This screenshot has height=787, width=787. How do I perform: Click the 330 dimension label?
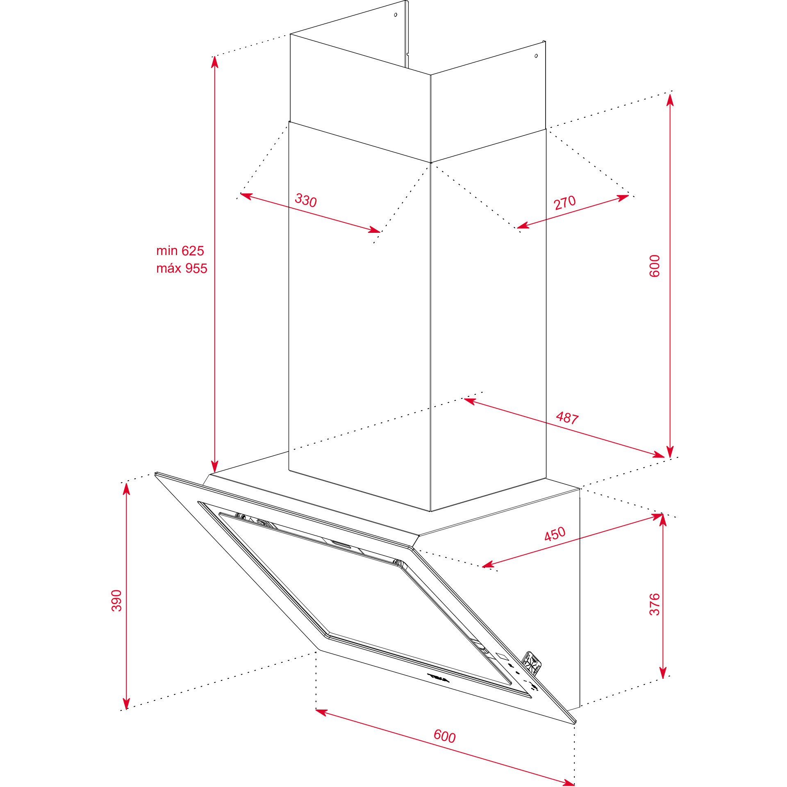(x=306, y=200)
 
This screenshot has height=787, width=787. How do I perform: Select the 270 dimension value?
(x=565, y=202)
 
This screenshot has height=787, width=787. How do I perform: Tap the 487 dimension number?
(x=567, y=418)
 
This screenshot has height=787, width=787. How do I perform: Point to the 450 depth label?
(x=555, y=534)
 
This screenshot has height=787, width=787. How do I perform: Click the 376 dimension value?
(x=655, y=604)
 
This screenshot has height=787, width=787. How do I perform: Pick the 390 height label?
(x=117, y=600)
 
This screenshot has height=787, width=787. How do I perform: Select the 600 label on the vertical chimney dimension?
(x=655, y=266)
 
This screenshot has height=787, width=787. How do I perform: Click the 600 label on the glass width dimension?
(x=445, y=736)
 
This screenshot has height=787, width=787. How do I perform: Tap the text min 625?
(x=180, y=250)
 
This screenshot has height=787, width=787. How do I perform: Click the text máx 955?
(x=182, y=268)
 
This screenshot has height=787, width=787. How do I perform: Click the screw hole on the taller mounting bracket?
(x=396, y=15)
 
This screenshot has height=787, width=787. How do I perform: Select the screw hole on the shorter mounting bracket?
(x=536, y=56)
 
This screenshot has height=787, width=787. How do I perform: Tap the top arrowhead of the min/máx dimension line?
(x=215, y=61)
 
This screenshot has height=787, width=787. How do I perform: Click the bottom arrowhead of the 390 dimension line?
(x=127, y=703)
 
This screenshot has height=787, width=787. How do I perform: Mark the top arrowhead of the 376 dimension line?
(x=663, y=520)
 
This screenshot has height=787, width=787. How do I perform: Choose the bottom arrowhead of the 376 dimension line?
(x=663, y=673)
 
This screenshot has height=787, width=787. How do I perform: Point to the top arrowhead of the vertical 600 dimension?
(x=670, y=100)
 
